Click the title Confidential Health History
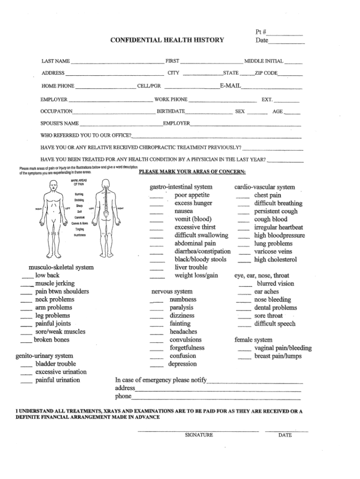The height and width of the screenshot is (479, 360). pyautogui.click(x=167, y=40)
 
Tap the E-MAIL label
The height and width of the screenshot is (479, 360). pyautogui.click(x=230, y=86)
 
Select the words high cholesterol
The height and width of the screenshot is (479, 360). pyautogui.click(x=275, y=260)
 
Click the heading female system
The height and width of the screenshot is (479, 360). pyautogui.click(x=253, y=340)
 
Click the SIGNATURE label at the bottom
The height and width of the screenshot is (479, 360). pyautogui.click(x=199, y=435)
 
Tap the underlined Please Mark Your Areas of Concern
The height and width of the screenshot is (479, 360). pyautogui.click(x=192, y=172)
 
